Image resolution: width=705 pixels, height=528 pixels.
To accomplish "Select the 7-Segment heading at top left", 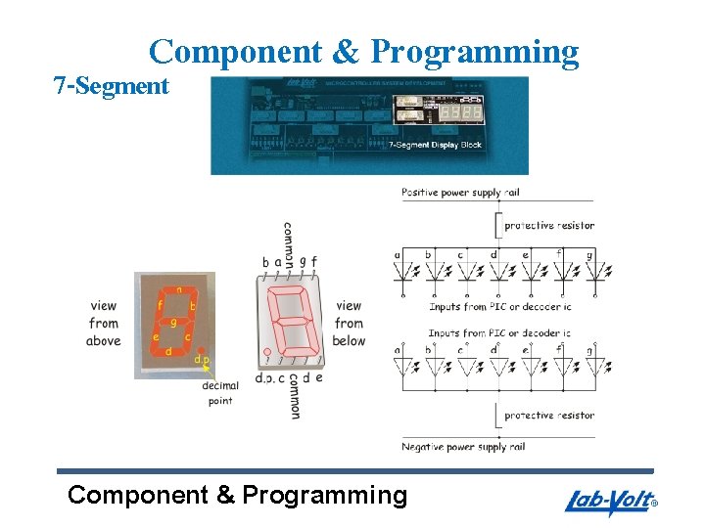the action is pos(111,86).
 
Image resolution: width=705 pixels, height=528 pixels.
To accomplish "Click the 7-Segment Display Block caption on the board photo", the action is pos(436,145).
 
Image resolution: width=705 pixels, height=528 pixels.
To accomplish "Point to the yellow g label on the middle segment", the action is pos(173,321).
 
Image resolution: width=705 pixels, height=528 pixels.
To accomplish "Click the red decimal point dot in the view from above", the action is pos(201,349).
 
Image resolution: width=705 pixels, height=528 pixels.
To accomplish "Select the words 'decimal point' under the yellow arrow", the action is pos(220,393).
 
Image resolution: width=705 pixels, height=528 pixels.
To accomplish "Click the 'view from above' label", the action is pos(103,323).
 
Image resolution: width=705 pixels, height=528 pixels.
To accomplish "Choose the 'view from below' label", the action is pos(348,323).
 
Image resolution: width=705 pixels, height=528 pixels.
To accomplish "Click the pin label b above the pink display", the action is pos(265,262).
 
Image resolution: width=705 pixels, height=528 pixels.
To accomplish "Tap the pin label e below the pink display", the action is pos(319,377).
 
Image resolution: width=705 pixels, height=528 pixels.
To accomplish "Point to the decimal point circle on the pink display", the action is pos(265,353).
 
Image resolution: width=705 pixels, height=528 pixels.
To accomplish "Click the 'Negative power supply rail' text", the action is pos(463,447).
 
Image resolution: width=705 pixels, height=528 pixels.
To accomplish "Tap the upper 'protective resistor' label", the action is pos(549,226).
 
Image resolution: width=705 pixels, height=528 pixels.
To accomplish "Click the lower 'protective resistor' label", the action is pos(549,416).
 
